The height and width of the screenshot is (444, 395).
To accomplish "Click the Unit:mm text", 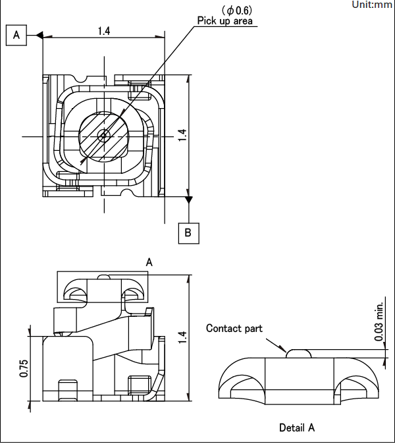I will tap(372, 5).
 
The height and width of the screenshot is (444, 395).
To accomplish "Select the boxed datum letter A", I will tap(16, 36).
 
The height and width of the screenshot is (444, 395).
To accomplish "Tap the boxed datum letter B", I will tap(188, 233).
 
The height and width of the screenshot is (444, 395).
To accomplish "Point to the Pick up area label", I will tap(226, 21).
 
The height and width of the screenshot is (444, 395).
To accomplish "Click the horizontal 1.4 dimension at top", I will tap(103, 31).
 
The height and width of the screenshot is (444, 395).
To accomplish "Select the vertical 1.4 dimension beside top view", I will tap(183, 135).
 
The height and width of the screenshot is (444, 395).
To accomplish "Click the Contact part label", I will tap(234, 328).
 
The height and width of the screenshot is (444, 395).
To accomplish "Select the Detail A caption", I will tap(297, 428).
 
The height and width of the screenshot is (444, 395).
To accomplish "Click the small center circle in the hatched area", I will tap(103, 136).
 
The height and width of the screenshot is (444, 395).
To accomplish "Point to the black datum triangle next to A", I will tap(39, 36).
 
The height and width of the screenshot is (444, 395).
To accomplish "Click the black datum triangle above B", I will tap(189, 199).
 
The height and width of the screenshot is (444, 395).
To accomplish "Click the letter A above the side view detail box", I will tap(149, 262).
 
